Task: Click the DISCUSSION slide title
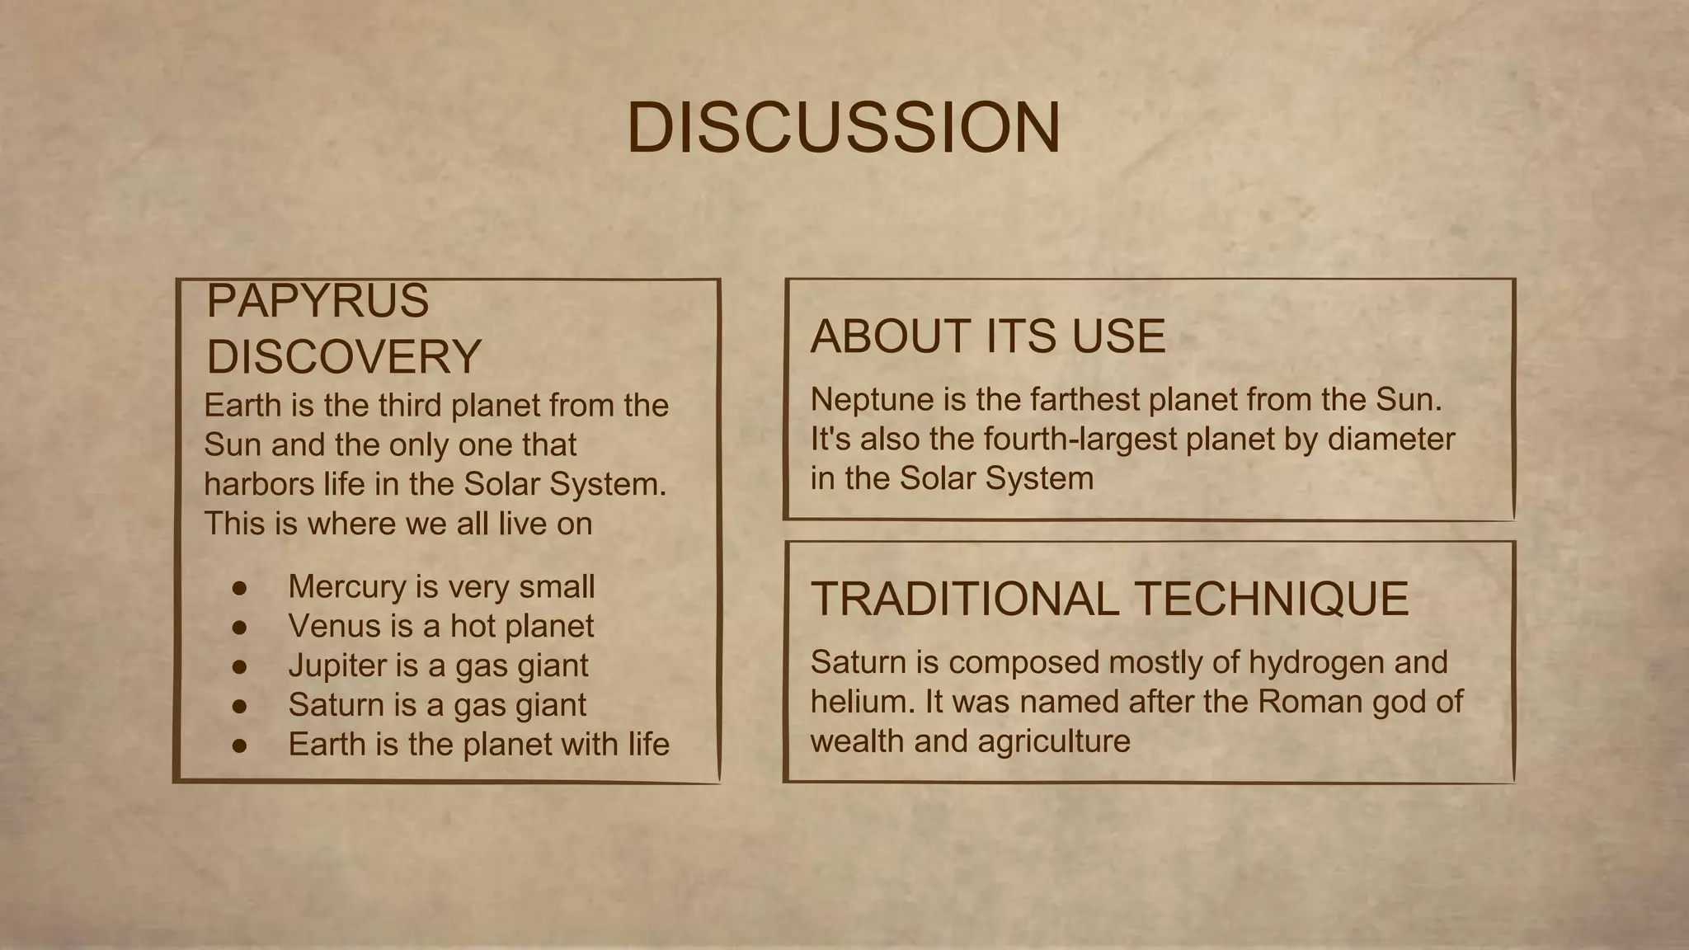pyautogui.click(x=844, y=128)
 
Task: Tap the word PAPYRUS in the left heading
pyautogui.click(x=318, y=301)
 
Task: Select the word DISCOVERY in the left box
pyautogui.click(x=344, y=356)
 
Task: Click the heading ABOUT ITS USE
pyautogui.click(x=988, y=336)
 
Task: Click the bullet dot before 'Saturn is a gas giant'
pyautogui.click(x=240, y=706)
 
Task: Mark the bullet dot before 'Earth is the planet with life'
pyautogui.click(x=240, y=745)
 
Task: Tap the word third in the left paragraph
pyautogui.click(x=411, y=406)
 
